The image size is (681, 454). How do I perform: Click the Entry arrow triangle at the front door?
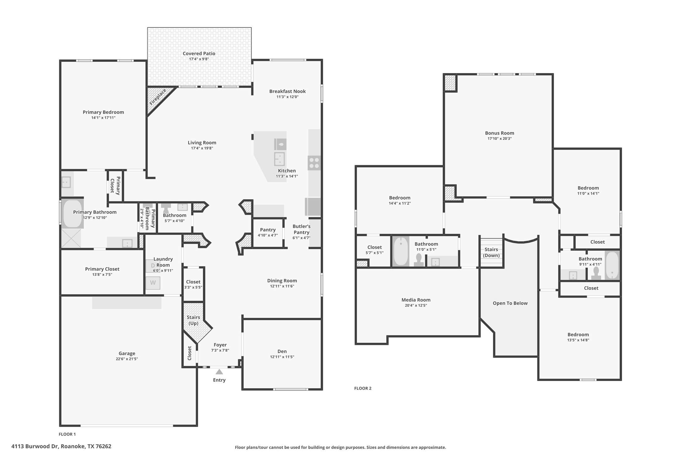click(219, 372)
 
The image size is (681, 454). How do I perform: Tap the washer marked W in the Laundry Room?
click(153, 283)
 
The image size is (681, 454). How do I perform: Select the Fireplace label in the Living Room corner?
click(157, 98)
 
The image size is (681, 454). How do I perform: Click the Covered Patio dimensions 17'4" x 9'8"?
click(199, 59)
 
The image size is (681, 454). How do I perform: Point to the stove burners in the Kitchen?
click(314, 163)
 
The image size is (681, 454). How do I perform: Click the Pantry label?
click(267, 230)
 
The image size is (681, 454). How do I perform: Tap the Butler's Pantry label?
click(301, 229)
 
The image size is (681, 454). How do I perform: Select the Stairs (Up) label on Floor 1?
click(193, 320)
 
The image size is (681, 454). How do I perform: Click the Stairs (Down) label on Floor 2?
click(491, 252)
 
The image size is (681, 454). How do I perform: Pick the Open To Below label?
click(510, 303)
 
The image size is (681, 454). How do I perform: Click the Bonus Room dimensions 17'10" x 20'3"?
click(499, 139)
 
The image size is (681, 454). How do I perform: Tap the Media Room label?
click(416, 300)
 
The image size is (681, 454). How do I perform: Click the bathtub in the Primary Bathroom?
click(72, 214)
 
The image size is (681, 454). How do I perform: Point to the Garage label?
click(127, 353)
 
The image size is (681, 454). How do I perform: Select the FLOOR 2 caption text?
click(362, 388)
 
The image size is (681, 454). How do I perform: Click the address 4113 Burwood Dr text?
click(61, 446)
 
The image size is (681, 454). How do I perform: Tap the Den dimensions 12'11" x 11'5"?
click(282, 357)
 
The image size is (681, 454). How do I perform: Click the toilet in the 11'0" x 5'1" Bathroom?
click(419, 260)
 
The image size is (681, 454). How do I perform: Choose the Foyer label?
click(220, 345)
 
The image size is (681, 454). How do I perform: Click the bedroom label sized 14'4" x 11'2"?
click(399, 198)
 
